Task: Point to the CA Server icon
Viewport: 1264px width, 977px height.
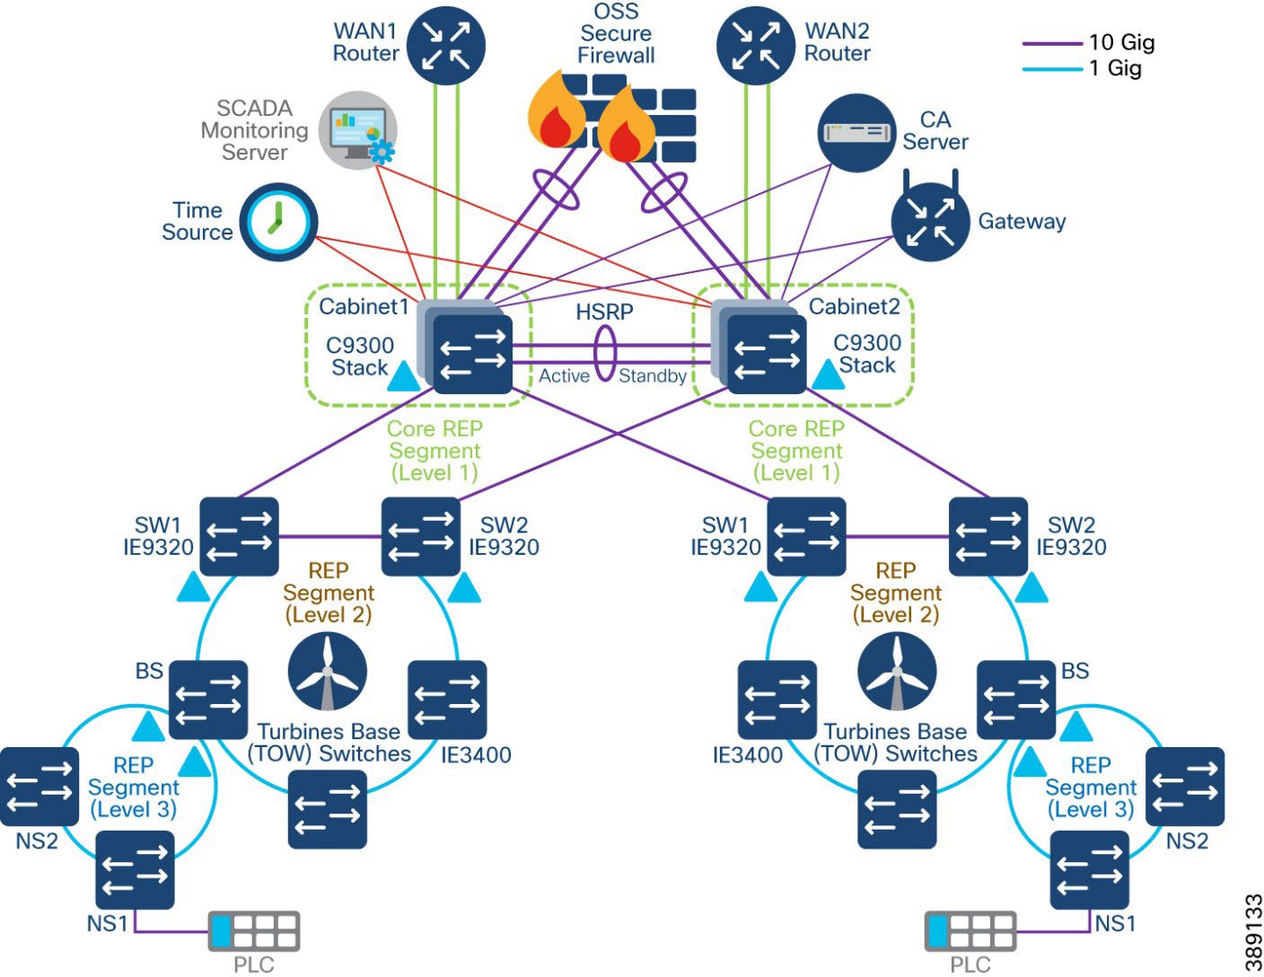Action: pyautogui.click(x=857, y=132)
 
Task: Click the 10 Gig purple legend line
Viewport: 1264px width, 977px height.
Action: pyautogui.click(x=1052, y=43)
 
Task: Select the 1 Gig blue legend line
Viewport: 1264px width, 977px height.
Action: pyautogui.click(x=1052, y=69)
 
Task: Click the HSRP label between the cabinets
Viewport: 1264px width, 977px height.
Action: pyautogui.click(x=604, y=312)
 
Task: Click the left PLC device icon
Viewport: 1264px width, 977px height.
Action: pyautogui.click(x=254, y=932)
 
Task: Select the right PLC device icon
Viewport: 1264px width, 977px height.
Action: pyautogui.click(x=970, y=932)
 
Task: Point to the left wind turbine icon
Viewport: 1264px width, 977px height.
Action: pyautogui.click(x=328, y=672)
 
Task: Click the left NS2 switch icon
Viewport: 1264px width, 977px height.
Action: pyautogui.click(x=39, y=787)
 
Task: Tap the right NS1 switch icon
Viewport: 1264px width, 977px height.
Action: pyautogui.click(x=1089, y=870)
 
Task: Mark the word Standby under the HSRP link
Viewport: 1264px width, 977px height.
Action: pyautogui.click(x=653, y=376)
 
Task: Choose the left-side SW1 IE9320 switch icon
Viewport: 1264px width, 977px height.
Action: pyautogui.click(x=239, y=537)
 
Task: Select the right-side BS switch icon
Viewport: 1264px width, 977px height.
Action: pyautogui.click(x=1015, y=700)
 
